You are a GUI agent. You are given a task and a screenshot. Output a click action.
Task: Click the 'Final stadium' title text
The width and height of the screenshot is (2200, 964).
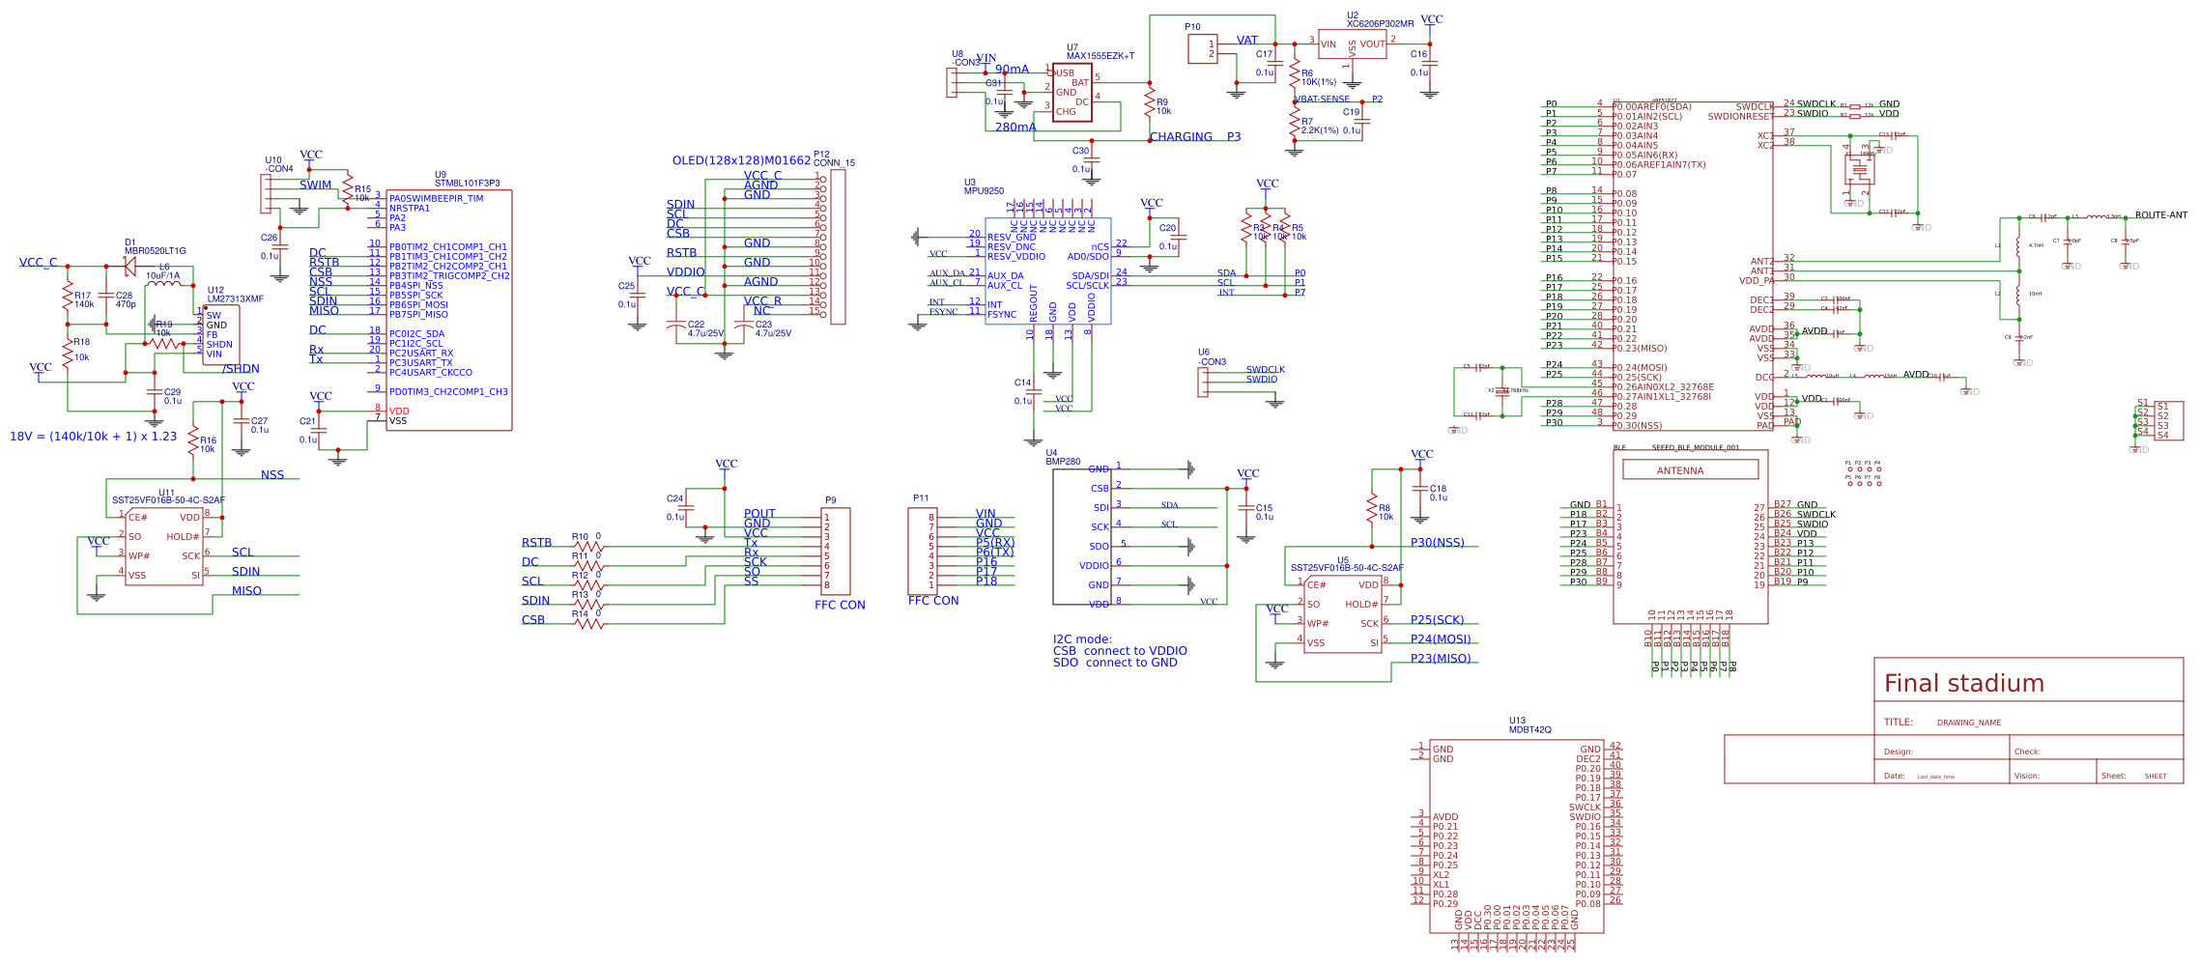[1963, 684]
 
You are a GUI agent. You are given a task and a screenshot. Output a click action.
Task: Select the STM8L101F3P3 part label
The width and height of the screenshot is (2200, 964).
[468, 184]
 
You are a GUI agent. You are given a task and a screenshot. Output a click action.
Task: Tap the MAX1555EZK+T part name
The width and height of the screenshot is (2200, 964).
[1100, 56]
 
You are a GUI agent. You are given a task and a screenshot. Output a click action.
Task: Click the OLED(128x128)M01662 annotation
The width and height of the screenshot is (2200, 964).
[741, 160]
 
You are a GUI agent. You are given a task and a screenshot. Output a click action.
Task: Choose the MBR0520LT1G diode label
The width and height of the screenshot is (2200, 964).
[156, 251]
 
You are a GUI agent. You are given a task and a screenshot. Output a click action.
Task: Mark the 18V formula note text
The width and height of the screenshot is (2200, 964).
[93, 437]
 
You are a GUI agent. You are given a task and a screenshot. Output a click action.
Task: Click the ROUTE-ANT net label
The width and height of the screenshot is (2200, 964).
[2160, 215]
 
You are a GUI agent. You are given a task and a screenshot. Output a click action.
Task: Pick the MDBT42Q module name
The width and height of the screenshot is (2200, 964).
[1530, 730]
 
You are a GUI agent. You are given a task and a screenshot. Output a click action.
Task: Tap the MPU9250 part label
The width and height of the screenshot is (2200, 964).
[984, 191]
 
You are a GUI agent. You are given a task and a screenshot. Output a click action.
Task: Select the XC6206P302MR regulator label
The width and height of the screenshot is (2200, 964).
[1380, 24]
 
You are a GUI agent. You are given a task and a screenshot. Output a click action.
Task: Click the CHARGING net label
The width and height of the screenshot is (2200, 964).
[1181, 137]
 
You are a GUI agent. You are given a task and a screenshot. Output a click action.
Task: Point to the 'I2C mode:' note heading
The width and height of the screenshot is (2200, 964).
[1082, 639]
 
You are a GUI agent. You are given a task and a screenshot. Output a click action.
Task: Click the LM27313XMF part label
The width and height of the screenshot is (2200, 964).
[236, 299]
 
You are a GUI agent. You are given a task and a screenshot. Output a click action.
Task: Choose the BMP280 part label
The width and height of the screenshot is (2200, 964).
[1063, 462]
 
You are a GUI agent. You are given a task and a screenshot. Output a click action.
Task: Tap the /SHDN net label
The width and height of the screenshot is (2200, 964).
[241, 369]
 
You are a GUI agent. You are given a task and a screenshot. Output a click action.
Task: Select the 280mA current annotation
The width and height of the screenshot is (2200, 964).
[1015, 128]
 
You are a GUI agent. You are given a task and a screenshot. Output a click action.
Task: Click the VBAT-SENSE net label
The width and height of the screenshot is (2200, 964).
[1322, 99]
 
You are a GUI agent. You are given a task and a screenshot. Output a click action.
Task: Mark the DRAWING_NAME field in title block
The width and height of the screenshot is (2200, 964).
[1968, 723]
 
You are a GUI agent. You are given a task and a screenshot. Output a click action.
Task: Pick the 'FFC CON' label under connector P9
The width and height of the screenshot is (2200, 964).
[840, 606]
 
